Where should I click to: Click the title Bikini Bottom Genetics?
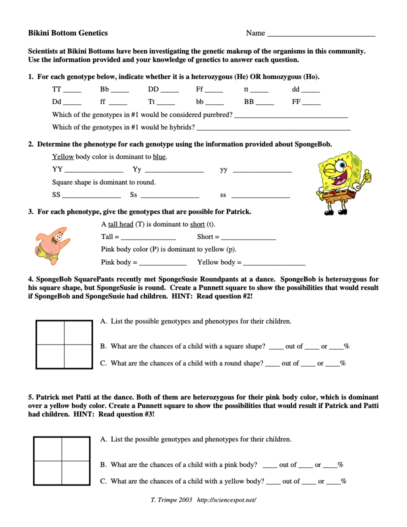[68, 33]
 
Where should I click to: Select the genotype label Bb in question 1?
[104, 89]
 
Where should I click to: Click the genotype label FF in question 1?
[296, 102]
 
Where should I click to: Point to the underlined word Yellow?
[62, 157]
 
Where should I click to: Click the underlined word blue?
[159, 157]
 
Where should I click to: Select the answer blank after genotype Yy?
[173, 170]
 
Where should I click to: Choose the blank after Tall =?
[148, 237]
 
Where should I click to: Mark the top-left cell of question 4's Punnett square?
[50, 332]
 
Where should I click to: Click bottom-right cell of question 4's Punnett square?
[78, 356]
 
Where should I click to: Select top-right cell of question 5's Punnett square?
[75, 448]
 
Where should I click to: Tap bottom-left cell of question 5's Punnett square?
[48, 472]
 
